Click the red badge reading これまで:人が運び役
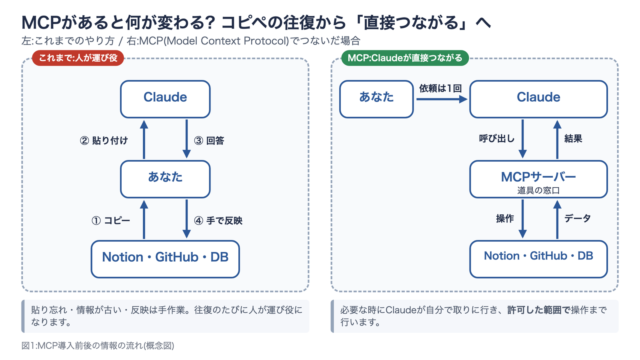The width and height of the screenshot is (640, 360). point(78,58)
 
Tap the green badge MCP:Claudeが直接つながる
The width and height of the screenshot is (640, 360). point(405,58)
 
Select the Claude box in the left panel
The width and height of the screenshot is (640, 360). point(165,99)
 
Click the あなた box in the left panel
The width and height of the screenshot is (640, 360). point(165,179)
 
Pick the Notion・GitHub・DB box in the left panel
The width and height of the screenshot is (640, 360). point(165,259)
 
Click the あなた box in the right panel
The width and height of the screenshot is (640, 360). point(376,99)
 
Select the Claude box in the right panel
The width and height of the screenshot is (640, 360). point(538,99)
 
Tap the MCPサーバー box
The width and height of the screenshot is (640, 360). point(538,179)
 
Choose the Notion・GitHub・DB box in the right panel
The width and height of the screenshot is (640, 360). point(538,259)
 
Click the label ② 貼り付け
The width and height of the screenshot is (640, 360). point(104,140)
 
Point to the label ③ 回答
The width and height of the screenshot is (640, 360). point(209,140)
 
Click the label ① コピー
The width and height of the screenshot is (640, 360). point(111,220)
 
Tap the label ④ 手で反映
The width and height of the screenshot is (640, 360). point(218,220)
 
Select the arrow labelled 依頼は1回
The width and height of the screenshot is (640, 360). point(442,99)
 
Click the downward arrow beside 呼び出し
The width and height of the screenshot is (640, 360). point(522,139)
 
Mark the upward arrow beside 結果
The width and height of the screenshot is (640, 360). point(557,140)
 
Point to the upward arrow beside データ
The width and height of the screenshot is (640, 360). point(557,220)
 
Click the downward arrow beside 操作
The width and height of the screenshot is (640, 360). point(522,219)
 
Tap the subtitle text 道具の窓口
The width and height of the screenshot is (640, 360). point(538,190)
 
